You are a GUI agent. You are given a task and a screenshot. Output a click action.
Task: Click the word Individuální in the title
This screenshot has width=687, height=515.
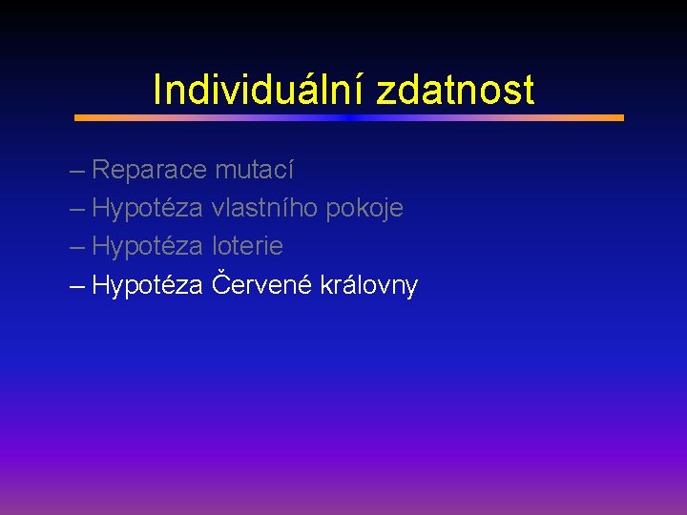click(260, 91)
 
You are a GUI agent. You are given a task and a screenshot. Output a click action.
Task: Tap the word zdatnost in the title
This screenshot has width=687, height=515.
click(455, 91)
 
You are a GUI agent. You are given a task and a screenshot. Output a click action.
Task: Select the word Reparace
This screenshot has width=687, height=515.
click(149, 171)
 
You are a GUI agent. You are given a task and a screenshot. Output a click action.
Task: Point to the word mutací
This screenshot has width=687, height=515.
click(254, 171)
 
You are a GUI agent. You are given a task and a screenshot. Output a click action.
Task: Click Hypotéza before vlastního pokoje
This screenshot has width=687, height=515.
click(148, 209)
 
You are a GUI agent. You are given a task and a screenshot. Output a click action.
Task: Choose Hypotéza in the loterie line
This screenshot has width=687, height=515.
click(148, 247)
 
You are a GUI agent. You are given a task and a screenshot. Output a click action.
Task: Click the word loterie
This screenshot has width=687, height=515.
click(247, 246)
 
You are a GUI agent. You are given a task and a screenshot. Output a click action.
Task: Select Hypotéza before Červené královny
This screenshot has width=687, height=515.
click(148, 285)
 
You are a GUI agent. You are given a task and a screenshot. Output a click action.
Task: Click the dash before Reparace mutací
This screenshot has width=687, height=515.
click(77, 173)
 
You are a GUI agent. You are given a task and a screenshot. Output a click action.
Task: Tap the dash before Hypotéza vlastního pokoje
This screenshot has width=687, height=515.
click(77, 211)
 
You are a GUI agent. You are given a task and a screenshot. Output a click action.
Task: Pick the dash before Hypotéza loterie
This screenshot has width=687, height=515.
click(77, 249)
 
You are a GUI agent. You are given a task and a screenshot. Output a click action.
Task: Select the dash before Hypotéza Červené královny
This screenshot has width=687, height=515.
click(77, 287)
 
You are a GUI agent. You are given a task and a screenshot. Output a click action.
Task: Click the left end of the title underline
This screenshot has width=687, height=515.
click(77, 118)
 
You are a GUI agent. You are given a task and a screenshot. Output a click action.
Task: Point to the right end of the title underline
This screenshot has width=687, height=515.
click(621, 118)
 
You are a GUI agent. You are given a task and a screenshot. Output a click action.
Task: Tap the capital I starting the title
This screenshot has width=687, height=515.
click(157, 91)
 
